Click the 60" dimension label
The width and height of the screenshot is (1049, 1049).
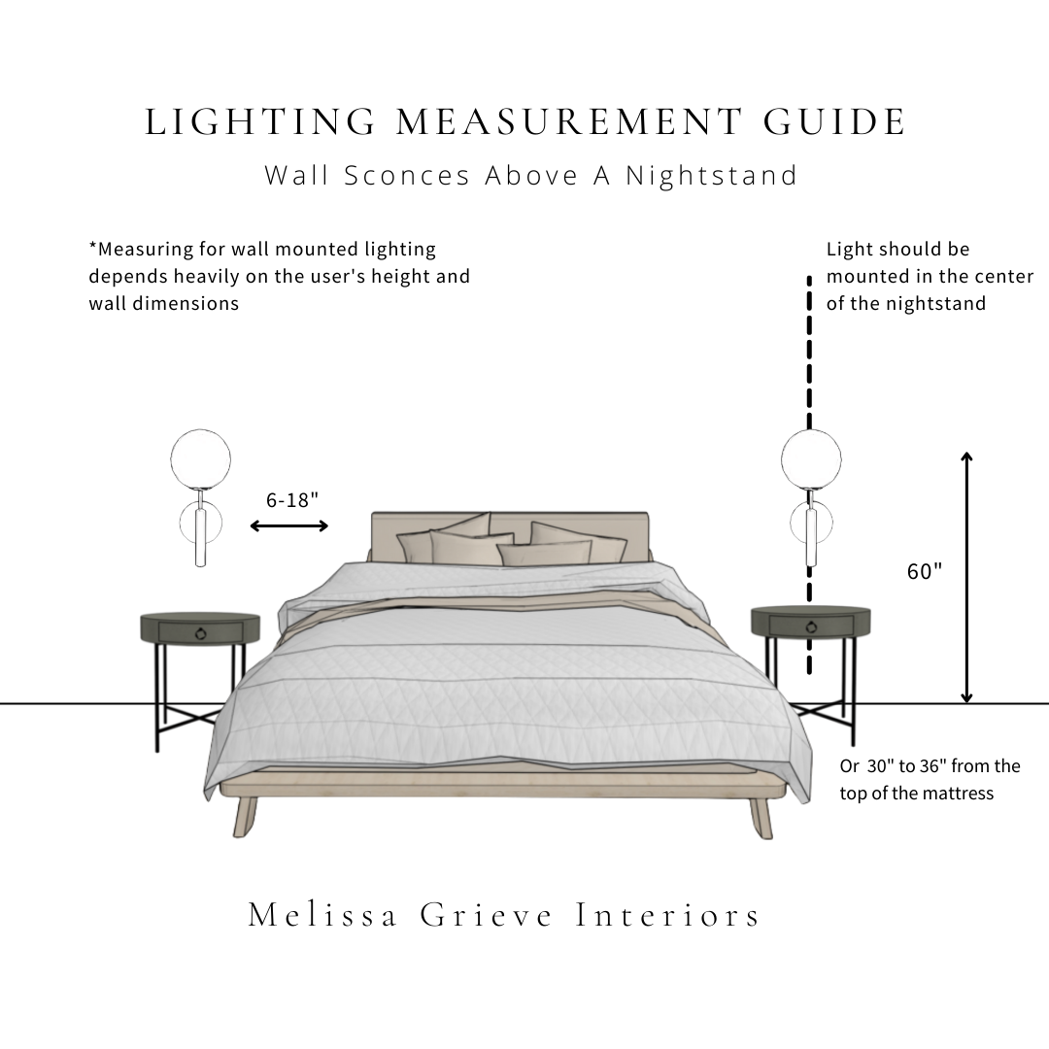click(925, 572)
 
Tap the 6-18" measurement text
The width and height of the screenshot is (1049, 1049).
click(292, 500)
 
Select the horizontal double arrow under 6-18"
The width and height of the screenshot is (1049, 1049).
click(289, 526)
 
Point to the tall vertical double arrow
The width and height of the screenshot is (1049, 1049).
click(966, 577)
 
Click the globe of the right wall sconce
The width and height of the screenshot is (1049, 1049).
click(811, 458)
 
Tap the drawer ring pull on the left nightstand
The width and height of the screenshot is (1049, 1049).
click(201, 634)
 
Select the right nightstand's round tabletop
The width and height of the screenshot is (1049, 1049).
click(810, 613)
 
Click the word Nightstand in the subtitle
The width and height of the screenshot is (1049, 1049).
click(711, 176)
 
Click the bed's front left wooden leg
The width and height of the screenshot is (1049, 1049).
click(245, 816)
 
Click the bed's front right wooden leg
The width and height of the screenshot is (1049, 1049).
click(762, 816)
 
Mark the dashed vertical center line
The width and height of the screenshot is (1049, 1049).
click(808, 369)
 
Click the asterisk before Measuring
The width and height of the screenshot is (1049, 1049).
click(93, 248)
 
